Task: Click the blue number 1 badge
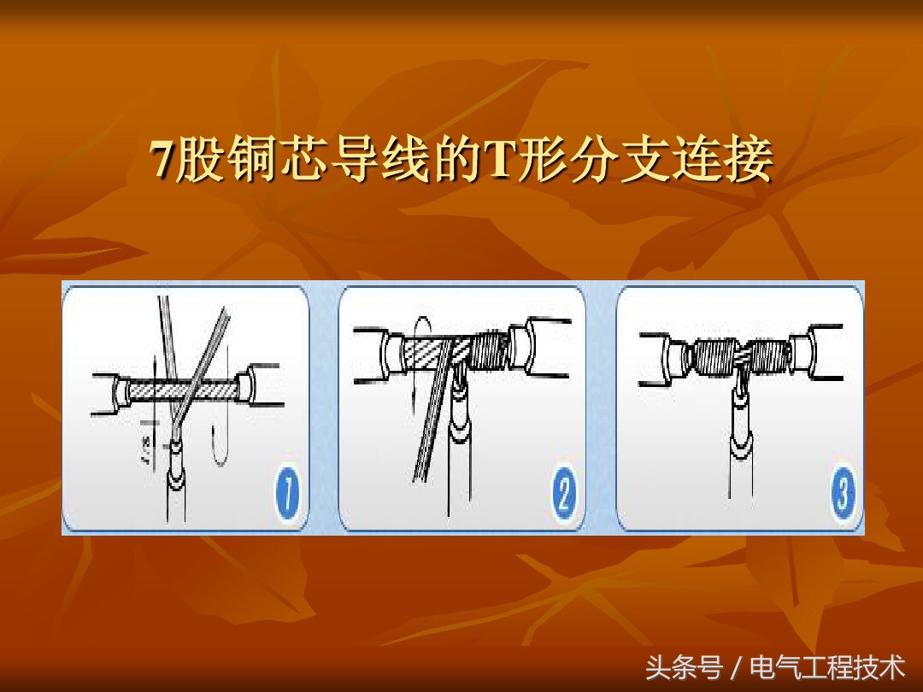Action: (287, 495)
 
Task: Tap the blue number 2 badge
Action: (563, 495)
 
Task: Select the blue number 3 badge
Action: (843, 495)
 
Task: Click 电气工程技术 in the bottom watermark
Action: (826, 666)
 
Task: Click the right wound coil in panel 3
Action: (770, 352)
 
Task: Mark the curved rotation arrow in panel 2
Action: (418, 342)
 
